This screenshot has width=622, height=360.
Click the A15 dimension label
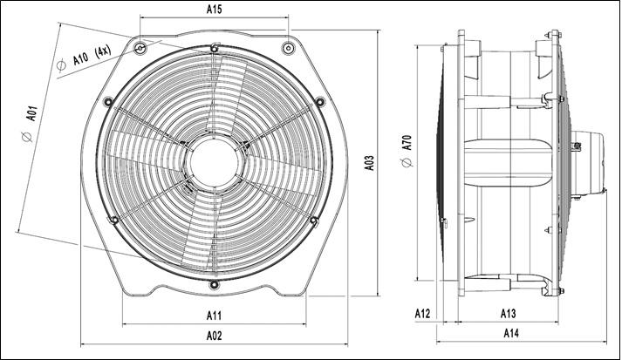pyautogui.click(x=215, y=10)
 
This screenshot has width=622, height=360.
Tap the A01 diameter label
pyautogui.click(x=31, y=113)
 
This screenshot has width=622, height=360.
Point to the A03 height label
pyautogui.click(x=369, y=162)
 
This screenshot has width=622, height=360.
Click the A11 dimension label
pyautogui.click(x=215, y=316)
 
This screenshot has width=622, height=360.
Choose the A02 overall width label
pyautogui.click(x=215, y=336)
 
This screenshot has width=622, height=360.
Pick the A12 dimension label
pyautogui.click(x=423, y=314)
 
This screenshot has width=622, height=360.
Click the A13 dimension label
pyautogui.click(x=508, y=314)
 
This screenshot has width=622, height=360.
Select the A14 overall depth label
pyautogui.click(x=511, y=333)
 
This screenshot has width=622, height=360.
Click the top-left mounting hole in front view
pyautogui.click(x=140, y=48)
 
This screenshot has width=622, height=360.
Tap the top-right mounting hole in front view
pyautogui.click(x=288, y=48)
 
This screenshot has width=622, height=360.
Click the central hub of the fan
pyautogui.click(x=215, y=162)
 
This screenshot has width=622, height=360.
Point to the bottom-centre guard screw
pyautogui.click(x=214, y=284)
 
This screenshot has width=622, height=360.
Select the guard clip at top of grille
pyautogui.click(x=215, y=48)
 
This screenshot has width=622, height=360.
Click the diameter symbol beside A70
pyautogui.click(x=407, y=162)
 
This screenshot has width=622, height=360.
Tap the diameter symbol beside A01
pyautogui.click(x=27, y=137)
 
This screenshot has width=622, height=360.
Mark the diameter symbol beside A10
pyautogui.click(x=61, y=65)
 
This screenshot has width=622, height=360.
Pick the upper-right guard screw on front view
pyautogui.click(x=320, y=102)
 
